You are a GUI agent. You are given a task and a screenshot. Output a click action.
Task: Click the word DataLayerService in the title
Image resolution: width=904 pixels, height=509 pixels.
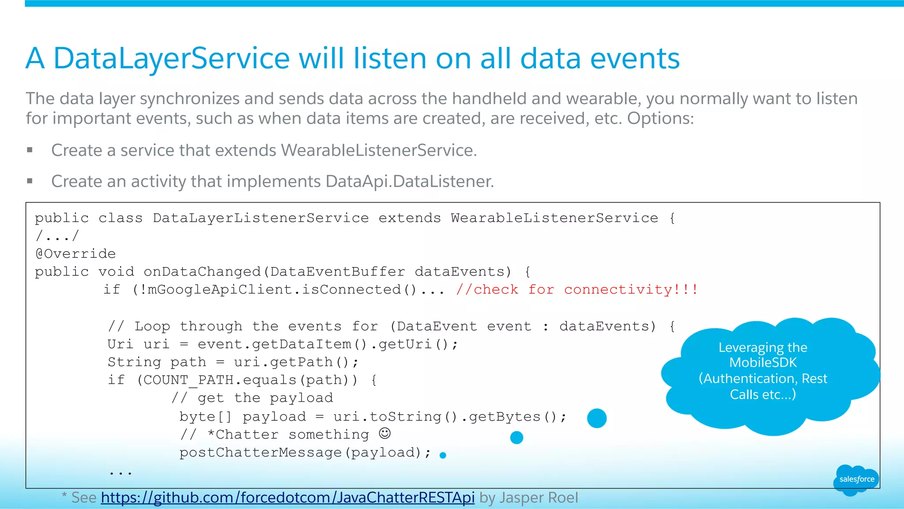(171, 59)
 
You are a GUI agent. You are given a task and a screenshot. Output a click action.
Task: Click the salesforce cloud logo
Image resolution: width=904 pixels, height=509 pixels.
(856, 479)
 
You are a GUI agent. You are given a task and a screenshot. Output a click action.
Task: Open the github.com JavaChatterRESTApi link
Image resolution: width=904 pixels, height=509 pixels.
(287, 498)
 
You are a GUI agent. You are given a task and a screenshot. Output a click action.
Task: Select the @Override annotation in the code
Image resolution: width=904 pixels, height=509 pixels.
(75, 254)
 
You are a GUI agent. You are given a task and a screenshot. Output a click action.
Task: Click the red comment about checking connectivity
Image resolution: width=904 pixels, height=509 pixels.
(576, 290)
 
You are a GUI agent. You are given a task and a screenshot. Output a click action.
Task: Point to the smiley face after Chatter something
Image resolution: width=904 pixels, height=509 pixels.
(385, 434)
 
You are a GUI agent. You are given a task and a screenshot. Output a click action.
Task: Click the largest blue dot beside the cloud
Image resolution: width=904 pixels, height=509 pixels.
(597, 418)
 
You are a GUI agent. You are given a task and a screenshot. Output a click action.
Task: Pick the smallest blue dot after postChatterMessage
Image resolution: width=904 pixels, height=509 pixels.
(443, 455)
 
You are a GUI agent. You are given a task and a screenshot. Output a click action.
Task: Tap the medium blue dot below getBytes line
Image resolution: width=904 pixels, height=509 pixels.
(516, 437)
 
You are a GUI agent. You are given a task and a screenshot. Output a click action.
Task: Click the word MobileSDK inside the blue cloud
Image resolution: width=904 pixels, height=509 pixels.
(763, 363)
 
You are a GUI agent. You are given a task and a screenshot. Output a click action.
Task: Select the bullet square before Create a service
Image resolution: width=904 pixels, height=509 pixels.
(30, 150)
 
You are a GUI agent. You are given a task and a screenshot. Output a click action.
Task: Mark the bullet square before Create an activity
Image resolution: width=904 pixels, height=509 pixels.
(30, 181)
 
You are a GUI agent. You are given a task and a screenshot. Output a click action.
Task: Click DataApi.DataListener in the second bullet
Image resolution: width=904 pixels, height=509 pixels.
(409, 181)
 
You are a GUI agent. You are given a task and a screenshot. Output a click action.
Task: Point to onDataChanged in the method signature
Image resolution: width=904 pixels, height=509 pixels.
(202, 271)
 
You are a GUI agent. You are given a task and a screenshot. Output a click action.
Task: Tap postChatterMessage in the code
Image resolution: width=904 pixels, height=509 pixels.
(260, 452)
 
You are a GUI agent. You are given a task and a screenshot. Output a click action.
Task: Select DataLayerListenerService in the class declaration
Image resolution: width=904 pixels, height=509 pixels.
(260, 218)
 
